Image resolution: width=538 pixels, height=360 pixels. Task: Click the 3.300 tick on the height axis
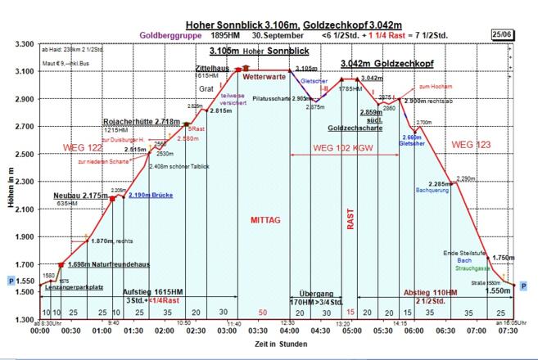pos(22,44)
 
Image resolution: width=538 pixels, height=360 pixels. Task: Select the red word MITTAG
pos(265,220)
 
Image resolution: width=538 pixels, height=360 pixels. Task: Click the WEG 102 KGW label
pos(341,149)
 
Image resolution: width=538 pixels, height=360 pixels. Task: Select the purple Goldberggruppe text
pos(167,35)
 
